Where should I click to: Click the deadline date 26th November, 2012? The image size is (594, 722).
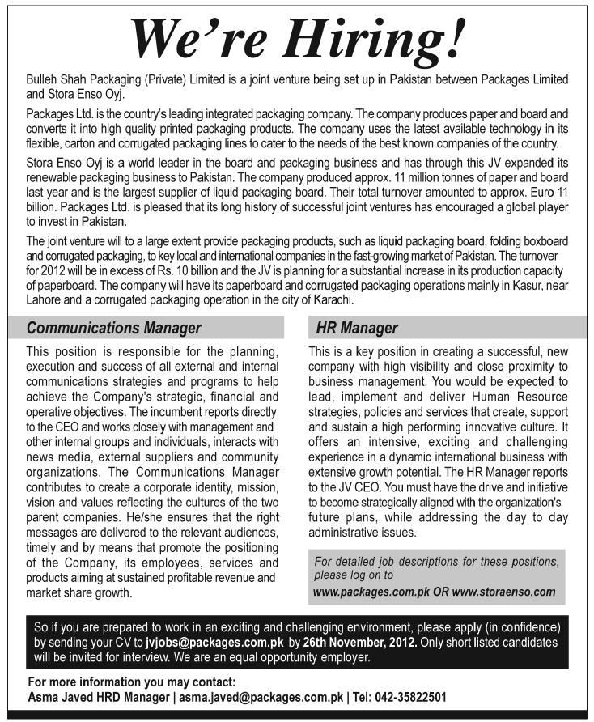360,642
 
